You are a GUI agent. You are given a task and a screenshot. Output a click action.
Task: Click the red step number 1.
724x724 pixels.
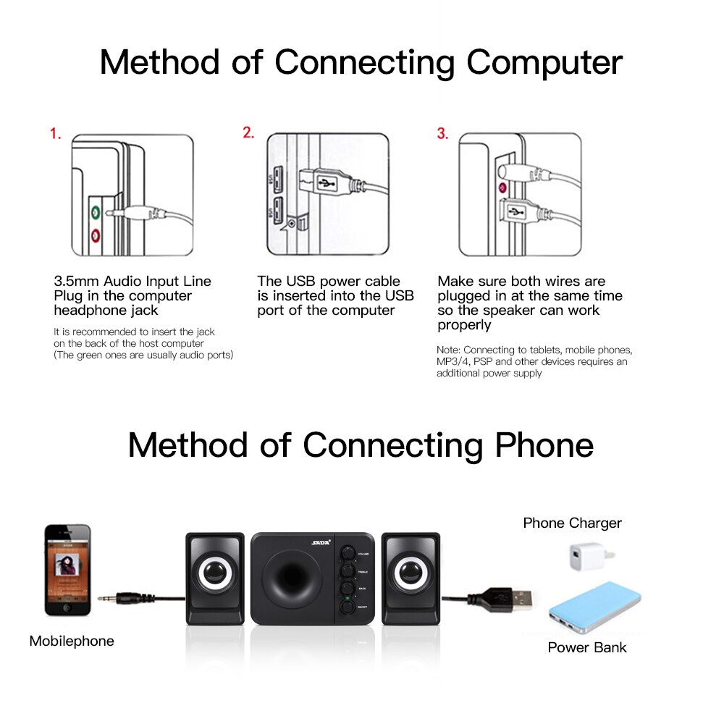(x=55, y=134)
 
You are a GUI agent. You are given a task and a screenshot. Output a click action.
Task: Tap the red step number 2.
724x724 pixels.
(x=248, y=133)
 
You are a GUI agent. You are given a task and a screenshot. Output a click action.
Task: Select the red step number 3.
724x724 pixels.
(x=442, y=134)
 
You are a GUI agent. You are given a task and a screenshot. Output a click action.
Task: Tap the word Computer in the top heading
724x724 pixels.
(x=544, y=62)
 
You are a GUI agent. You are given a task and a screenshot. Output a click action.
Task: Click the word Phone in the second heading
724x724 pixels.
(x=544, y=445)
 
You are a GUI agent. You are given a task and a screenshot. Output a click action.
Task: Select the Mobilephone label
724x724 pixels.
(x=72, y=641)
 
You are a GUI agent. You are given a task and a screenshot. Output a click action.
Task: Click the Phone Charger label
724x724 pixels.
(x=572, y=523)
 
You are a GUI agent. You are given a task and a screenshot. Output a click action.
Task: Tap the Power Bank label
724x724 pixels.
(x=586, y=647)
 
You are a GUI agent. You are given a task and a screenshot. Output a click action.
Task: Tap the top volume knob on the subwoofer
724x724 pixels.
(x=348, y=553)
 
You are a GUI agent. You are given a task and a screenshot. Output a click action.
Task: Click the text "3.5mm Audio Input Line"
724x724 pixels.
(x=132, y=281)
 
